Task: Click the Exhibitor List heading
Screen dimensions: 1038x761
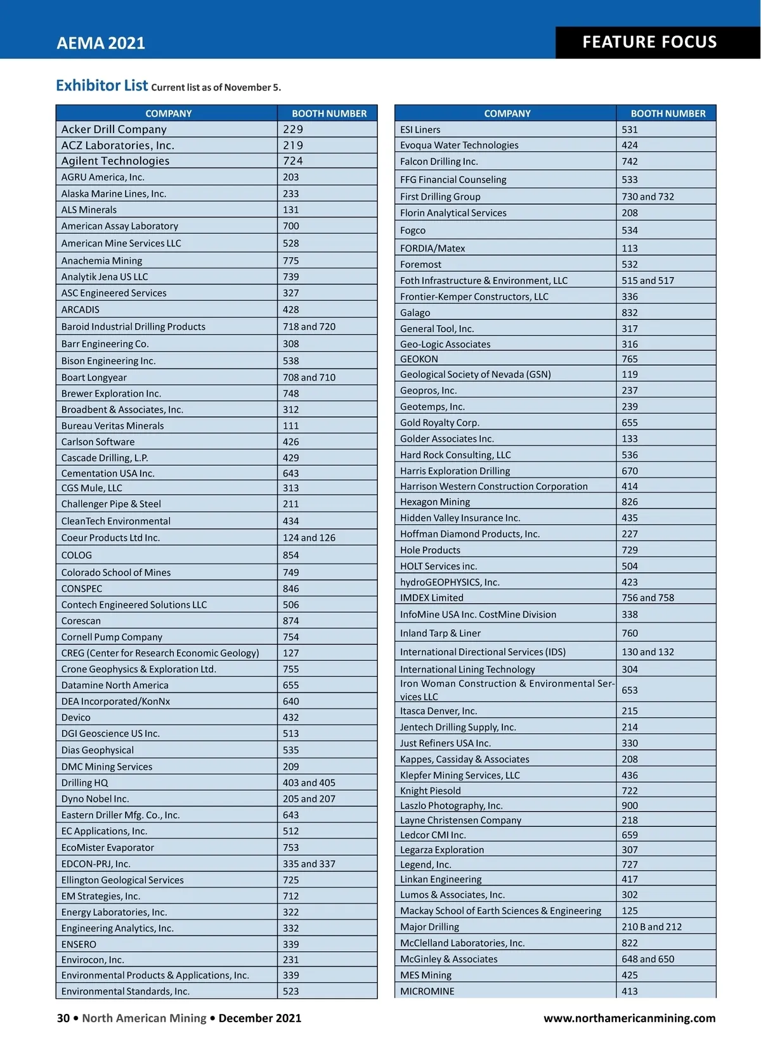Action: click(101, 86)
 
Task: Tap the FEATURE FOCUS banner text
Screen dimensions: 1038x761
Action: click(649, 42)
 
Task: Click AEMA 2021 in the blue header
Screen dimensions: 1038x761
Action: click(101, 43)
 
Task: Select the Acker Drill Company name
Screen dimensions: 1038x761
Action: click(114, 129)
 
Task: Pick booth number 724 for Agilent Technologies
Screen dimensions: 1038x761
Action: click(293, 161)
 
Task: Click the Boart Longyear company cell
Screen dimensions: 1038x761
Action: click(94, 378)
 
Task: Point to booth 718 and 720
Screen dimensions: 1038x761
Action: click(309, 327)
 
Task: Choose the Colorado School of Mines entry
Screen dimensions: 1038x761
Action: click(116, 573)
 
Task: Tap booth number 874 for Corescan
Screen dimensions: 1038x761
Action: click(290, 621)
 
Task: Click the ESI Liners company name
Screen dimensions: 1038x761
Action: click(420, 130)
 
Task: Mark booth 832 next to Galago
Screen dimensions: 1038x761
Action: click(630, 313)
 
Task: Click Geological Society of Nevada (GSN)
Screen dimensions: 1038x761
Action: click(475, 375)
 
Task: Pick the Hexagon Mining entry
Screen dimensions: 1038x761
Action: click(435, 502)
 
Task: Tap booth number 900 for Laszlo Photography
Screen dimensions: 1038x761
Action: click(630, 805)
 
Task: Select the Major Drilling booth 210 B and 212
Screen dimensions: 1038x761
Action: click(651, 927)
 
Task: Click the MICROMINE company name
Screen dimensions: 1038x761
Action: click(427, 991)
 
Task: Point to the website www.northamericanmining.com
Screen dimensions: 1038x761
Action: click(629, 1018)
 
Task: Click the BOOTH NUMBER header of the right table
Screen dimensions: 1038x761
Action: click(668, 113)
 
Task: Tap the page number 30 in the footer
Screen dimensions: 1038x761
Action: click(63, 1018)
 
